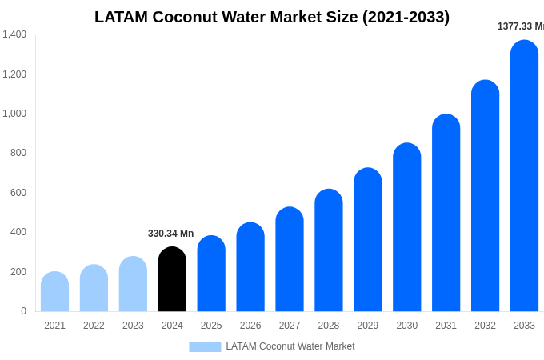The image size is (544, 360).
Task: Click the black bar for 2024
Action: pos(172,279)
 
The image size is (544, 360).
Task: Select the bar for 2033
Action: pos(524,176)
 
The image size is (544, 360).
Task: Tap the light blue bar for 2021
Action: pos(54,292)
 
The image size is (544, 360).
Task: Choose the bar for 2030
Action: pos(406,228)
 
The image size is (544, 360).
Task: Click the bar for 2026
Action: pos(250,267)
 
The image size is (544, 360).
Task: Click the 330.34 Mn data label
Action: pos(170,234)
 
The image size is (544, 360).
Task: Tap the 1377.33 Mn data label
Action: pos(520,26)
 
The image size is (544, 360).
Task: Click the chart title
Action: pos(272,17)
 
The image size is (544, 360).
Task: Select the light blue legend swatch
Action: pos(205,347)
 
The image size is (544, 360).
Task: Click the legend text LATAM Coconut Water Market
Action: pos(290,346)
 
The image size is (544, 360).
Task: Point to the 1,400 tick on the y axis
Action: pos(14,34)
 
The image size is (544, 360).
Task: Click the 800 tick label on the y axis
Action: pos(18,153)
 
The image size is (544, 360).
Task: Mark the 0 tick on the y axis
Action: pos(23,311)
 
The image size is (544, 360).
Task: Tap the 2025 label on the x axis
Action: pos(211,326)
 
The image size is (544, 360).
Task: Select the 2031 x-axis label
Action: pos(446,326)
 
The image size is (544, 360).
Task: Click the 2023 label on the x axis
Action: pos(133,326)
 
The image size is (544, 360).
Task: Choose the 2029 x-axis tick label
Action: pos(368,326)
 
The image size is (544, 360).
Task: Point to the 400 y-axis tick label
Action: pos(18,232)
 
